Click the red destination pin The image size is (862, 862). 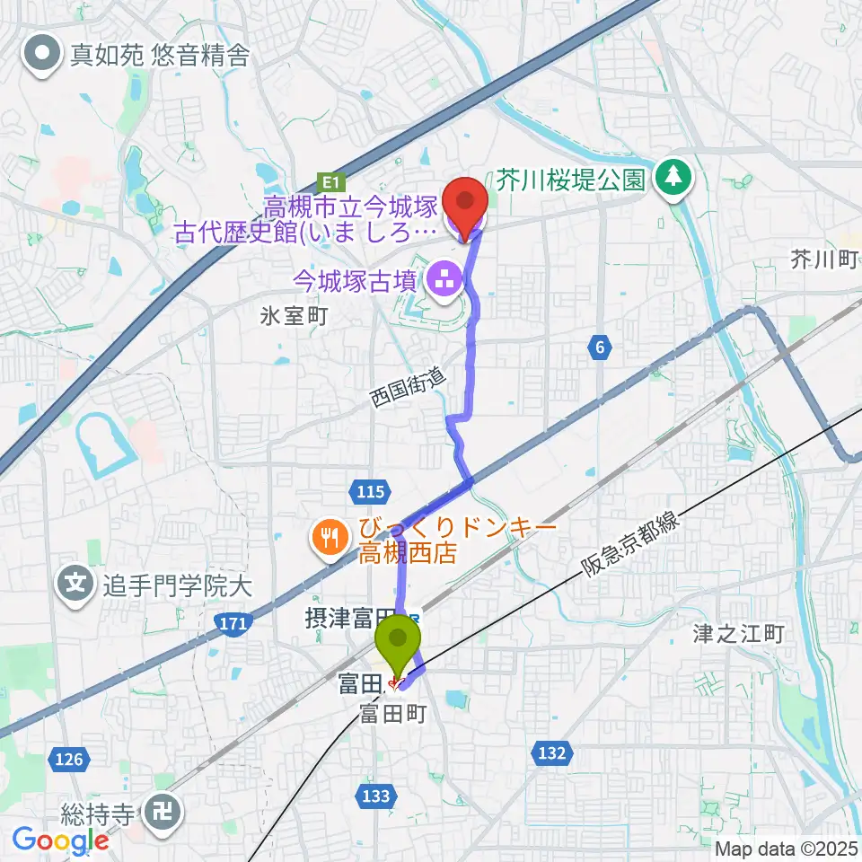pos(464,206)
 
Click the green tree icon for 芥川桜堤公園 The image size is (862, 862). pos(674,179)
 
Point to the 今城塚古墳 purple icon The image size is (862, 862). pos(444,281)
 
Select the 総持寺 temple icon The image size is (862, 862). pos(165,814)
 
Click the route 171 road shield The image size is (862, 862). pos(233,622)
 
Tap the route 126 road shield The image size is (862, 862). pos(68,760)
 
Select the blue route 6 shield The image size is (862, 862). pos(601,347)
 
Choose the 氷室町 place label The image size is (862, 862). pos(295,316)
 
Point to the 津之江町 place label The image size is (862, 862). pos(738,634)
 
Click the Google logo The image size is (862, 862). pos(59,840)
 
